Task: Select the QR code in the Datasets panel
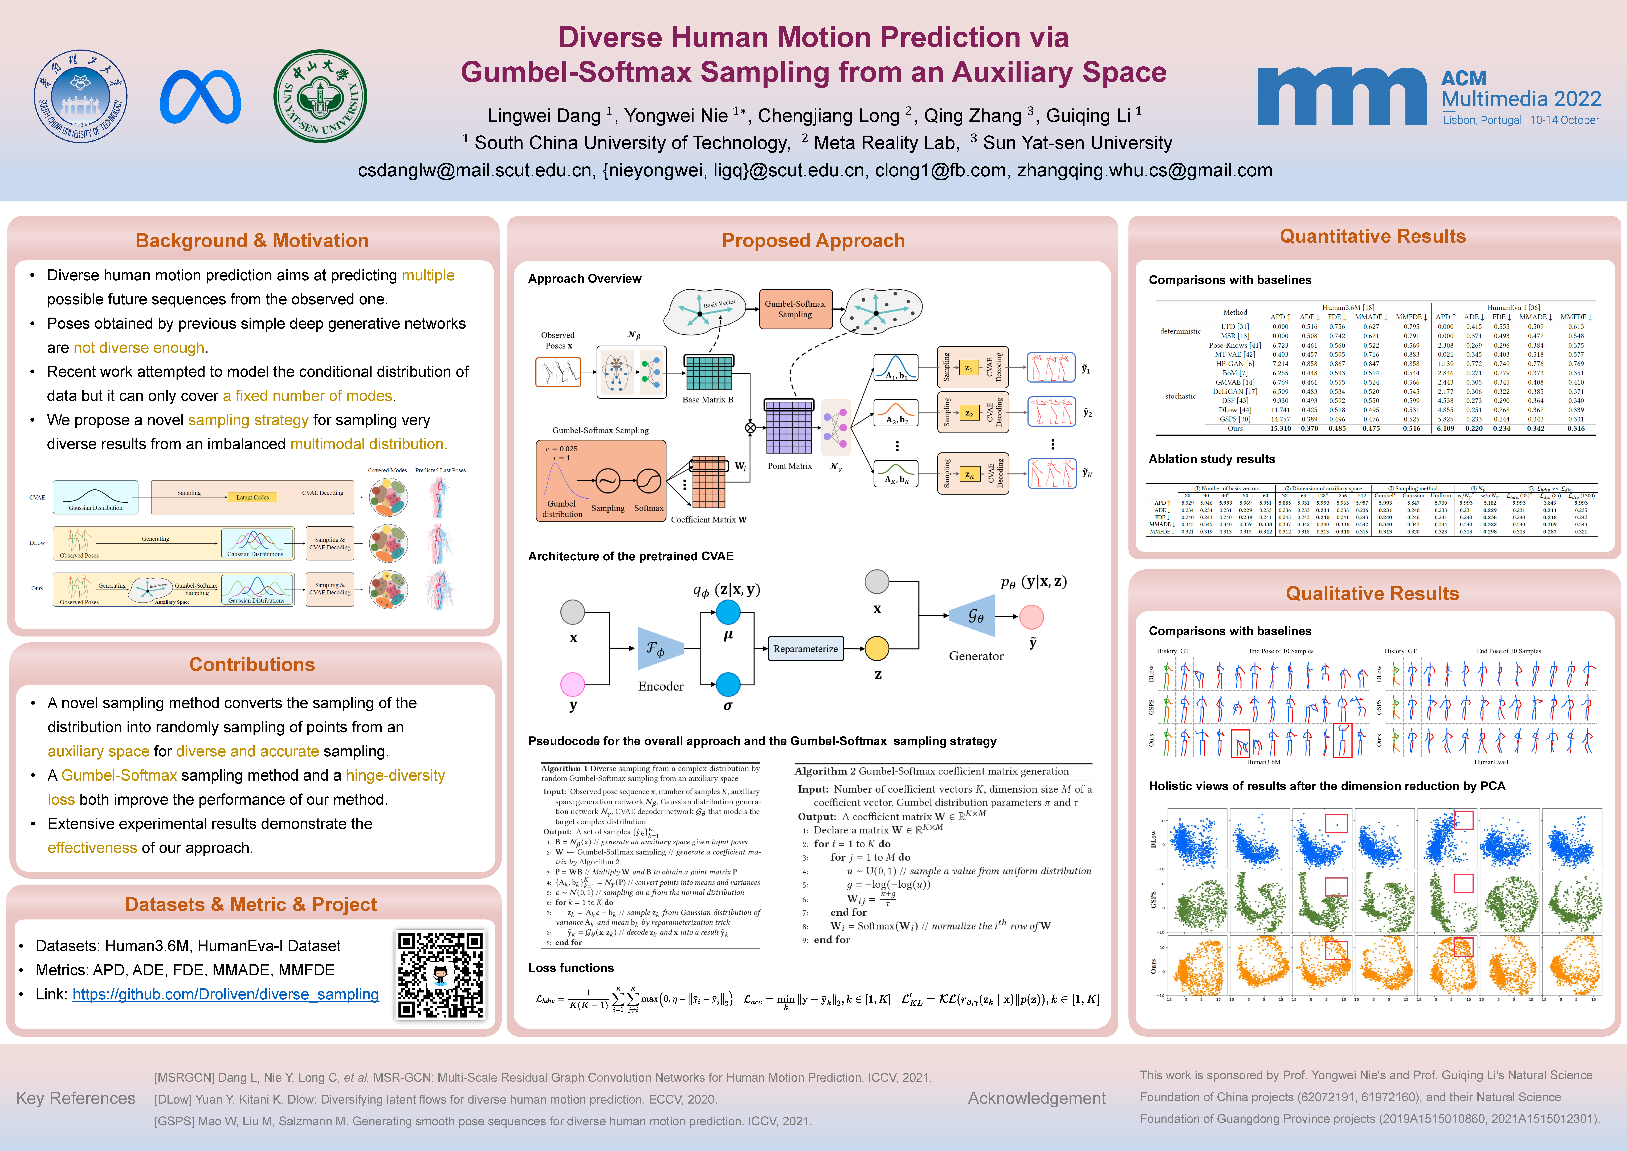coord(440,975)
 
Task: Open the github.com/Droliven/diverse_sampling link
coord(225,994)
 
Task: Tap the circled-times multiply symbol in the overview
coord(750,427)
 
